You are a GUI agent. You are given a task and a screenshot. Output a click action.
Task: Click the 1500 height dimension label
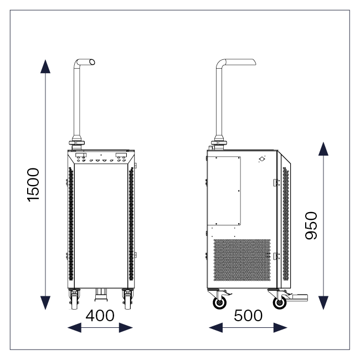(33, 185)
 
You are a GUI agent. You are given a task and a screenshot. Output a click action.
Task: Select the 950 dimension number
(311, 225)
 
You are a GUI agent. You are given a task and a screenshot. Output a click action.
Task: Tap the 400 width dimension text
(100, 316)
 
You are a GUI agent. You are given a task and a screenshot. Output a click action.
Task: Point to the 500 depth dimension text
(248, 316)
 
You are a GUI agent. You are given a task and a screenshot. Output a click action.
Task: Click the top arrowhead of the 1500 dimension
(45, 66)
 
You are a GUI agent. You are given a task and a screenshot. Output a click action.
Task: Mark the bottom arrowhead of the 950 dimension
(323, 303)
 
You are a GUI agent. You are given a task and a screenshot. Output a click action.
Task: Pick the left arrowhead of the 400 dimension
(74, 327)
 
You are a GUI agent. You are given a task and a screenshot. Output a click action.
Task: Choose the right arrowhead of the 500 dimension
(280, 327)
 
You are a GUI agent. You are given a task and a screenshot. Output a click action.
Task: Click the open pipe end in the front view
(92, 62)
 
